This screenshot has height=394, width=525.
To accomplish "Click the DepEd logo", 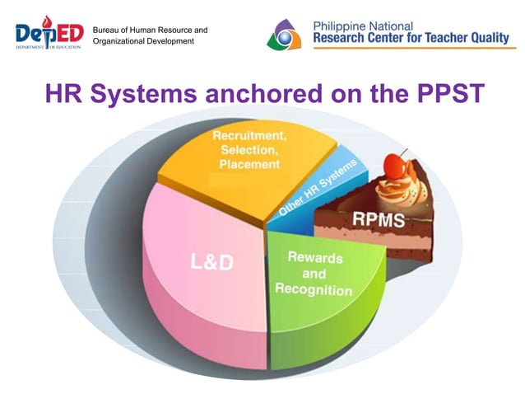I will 49,34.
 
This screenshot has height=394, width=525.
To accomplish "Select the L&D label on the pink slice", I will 211,262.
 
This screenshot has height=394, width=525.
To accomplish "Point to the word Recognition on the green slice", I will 314,289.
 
